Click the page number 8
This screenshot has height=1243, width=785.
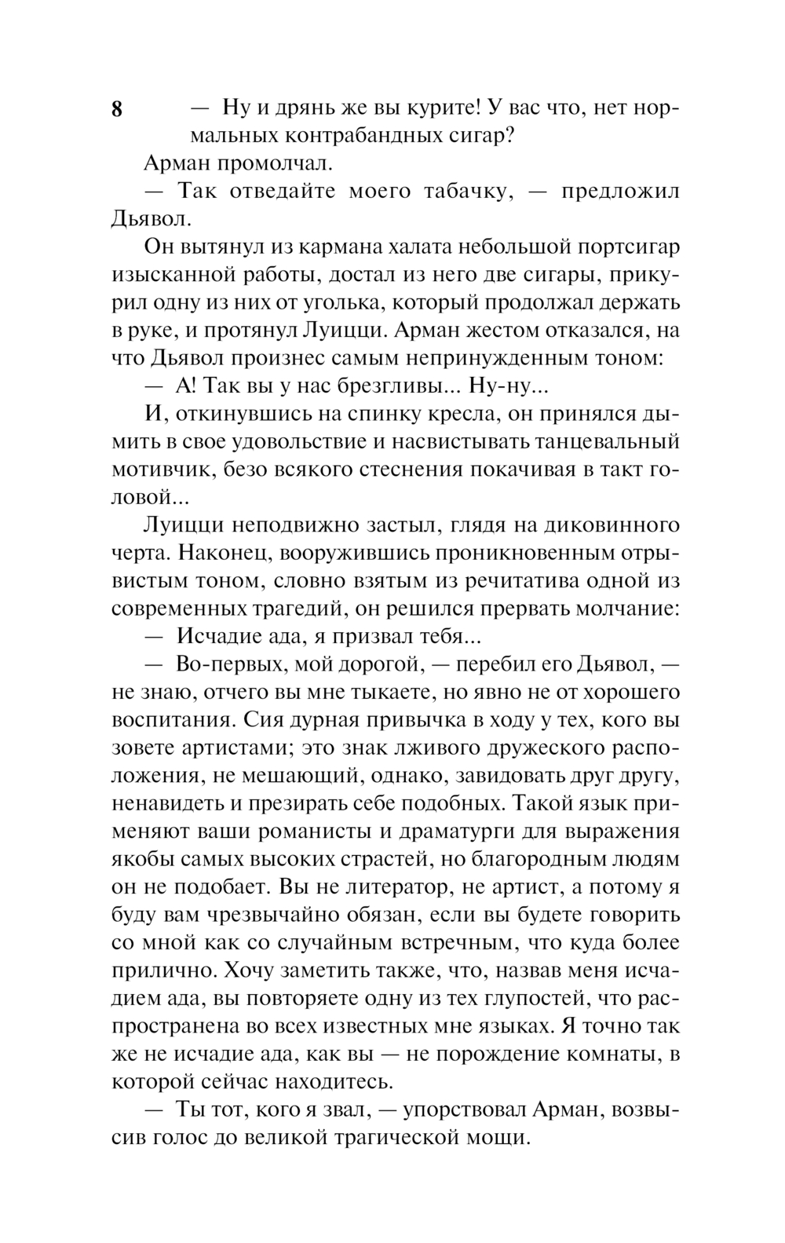[117, 109]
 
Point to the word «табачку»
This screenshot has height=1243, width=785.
[457, 192]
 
